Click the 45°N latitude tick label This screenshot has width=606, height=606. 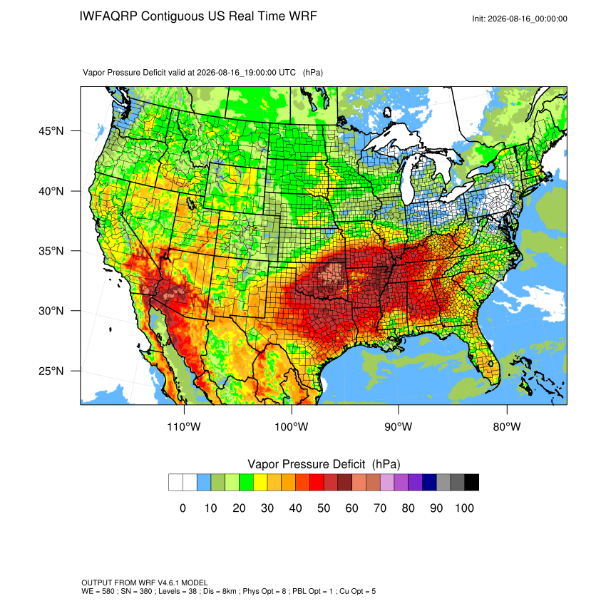click(51, 131)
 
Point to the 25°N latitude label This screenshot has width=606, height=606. click(51, 371)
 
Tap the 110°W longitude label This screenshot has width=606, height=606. click(184, 426)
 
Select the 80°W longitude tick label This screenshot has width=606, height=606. click(507, 426)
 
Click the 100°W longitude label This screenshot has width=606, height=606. click(292, 426)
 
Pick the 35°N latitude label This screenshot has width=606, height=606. click(51, 251)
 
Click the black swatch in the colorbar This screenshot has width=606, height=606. click(472, 483)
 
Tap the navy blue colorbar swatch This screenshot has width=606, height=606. click(429, 483)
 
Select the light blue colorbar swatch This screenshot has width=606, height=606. click(204, 483)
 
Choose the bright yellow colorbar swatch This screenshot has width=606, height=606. click(260, 483)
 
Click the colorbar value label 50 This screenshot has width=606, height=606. click(324, 508)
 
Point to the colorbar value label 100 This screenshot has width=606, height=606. click(464, 508)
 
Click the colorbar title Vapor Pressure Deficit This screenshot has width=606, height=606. click(306, 464)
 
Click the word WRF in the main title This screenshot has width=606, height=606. click(303, 16)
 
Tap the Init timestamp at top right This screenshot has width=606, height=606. click(520, 19)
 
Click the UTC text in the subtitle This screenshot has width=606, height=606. click(287, 72)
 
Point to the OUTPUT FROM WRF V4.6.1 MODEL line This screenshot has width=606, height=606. click(145, 582)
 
